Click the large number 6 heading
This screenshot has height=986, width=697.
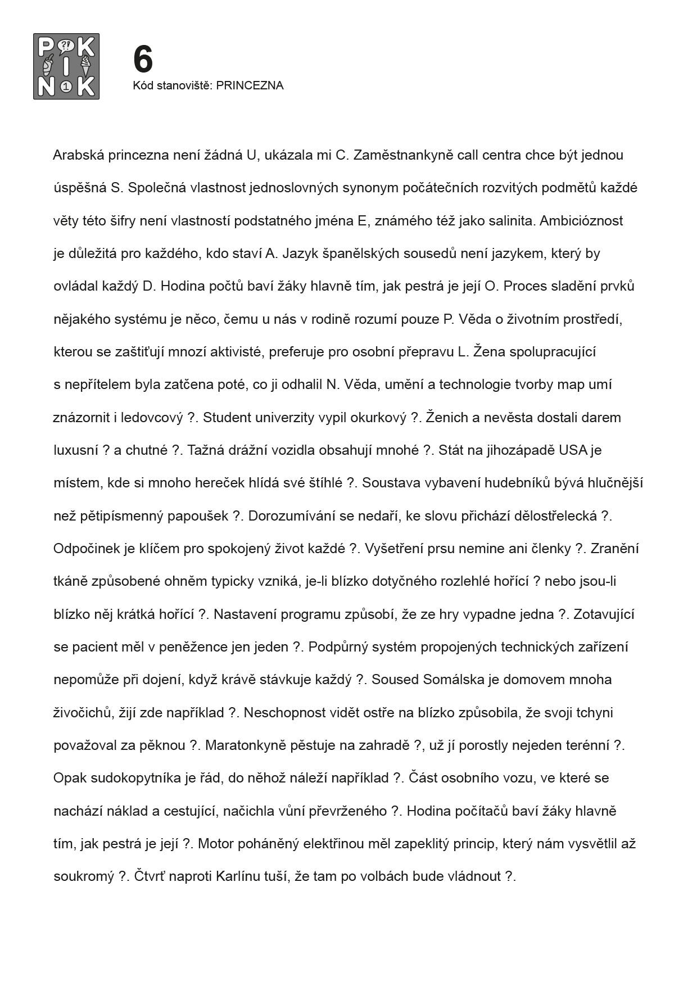(x=143, y=59)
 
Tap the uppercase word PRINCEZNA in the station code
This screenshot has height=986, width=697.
(x=250, y=85)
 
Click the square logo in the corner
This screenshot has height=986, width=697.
(x=66, y=66)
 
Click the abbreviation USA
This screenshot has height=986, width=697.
(x=573, y=450)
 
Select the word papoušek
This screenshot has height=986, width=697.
(x=198, y=516)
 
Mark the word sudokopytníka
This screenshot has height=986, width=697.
(x=135, y=778)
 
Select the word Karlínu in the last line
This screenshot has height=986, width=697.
(x=238, y=876)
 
